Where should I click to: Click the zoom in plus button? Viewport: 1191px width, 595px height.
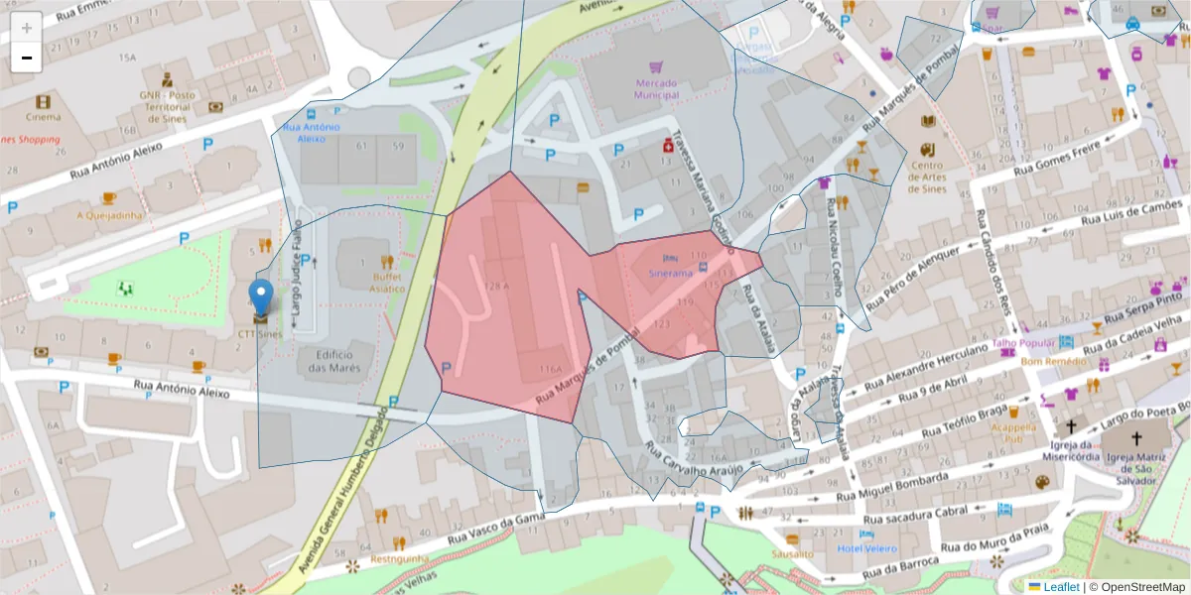(27, 28)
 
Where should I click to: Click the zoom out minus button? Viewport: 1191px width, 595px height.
(27, 58)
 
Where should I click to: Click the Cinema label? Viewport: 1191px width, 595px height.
(43, 117)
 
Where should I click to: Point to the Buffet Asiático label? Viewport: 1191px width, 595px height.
(388, 282)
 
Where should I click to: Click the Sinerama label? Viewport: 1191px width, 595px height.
(670, 272)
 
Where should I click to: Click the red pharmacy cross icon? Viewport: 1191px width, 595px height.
(669, 146)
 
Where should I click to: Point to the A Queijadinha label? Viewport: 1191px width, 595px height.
(109, 215)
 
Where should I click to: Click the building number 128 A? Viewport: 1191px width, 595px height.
(496, 287)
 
